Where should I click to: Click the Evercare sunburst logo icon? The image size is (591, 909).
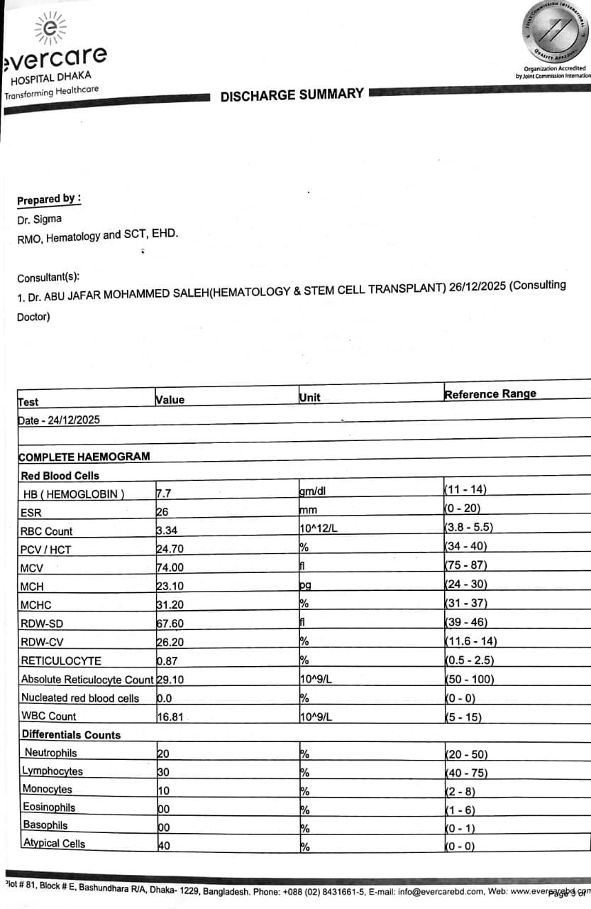pyautogui.click(x=49, y=29)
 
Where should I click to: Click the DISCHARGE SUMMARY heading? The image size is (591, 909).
pyautogui.click(x=292, y=95)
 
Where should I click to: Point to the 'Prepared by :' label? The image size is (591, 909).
pyautogui.click(x=49, y=200)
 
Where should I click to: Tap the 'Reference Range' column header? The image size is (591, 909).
pyautogui.click(x=490, y=393)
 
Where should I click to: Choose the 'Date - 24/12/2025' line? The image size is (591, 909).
pyautogui.click(x=59, y=420)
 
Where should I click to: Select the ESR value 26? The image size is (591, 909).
pyautogui.click(x=162, y=511)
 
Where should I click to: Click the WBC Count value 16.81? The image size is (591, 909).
pyautogui.click(x=170, y=717)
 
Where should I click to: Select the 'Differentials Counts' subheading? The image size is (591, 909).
pyautogui.click(x=71, y=735)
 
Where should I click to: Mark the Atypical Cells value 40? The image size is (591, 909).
pyautogui.click(x=163, y=846)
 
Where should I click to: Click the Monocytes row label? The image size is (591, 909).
pyautogui.click(x=47, y=790)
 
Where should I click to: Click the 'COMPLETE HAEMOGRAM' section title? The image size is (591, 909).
pyautogui.click(x=84, y=457)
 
